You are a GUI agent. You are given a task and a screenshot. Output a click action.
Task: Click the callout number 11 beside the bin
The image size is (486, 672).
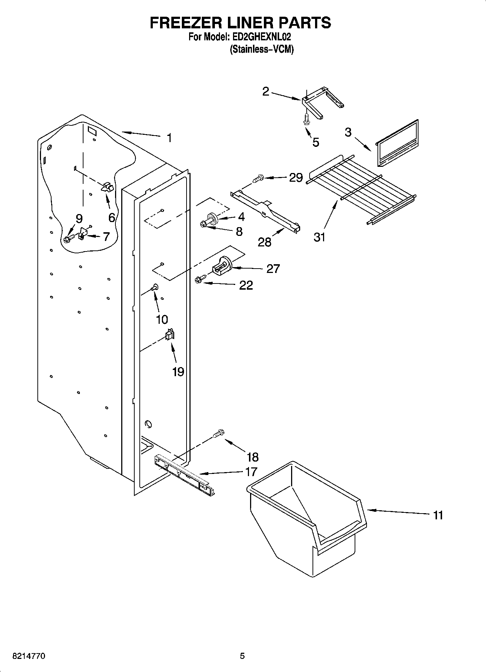(x=438, y=515)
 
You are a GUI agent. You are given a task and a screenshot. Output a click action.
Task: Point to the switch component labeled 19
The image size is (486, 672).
(x=170, y=334)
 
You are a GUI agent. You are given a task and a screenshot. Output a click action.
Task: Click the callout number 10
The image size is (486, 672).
(x=162, y=319)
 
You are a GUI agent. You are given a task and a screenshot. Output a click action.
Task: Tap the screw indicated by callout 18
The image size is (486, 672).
(x=219, y=433)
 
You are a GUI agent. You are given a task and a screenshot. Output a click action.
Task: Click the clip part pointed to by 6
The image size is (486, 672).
(x=108, y=187)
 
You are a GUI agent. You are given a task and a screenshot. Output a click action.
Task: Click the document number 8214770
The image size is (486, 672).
(x=29, y=656)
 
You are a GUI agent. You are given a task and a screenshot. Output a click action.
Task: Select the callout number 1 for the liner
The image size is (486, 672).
(x=169, y=138)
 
